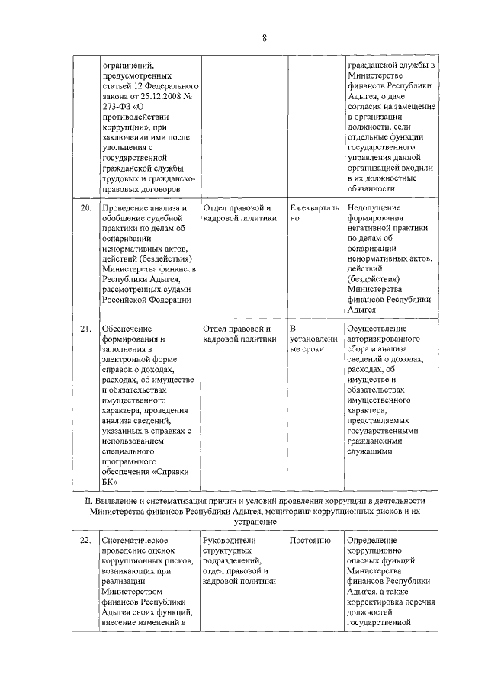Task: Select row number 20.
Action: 86,208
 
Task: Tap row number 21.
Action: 86,328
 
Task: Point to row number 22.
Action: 86,540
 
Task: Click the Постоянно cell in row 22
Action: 310,540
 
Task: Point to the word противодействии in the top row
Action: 134,119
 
